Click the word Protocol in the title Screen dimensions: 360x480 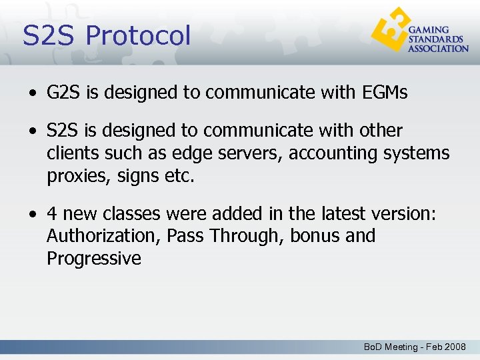coord(138,36)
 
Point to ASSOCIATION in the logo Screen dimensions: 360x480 coord(438,49)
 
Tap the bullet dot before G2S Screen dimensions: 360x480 coord(33,93)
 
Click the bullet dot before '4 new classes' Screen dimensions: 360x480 coord(33,214)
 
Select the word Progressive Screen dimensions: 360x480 coord(94,259)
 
